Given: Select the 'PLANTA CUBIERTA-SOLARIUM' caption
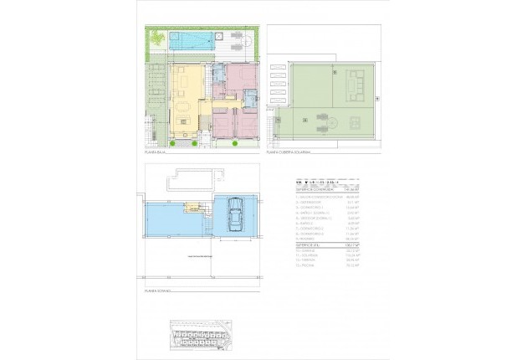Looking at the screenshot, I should [289, 153].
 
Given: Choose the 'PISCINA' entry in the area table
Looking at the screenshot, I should [307, 265].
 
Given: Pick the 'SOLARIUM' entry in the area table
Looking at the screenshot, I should [309, 255].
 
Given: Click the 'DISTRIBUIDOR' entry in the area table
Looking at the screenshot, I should [310, 201].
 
